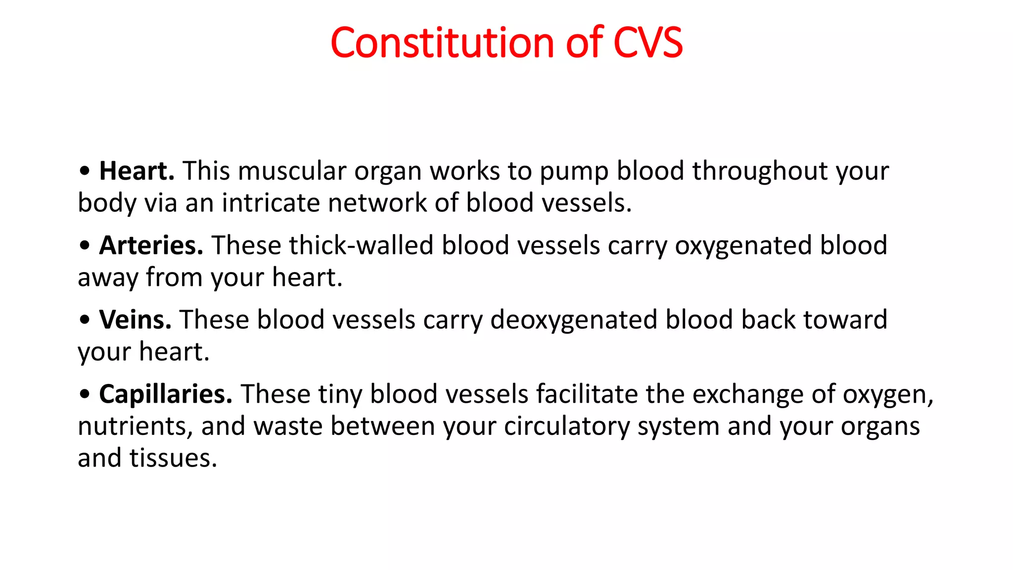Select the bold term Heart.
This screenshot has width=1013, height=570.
click(137, 171)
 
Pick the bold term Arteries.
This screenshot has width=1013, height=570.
click(151, 245)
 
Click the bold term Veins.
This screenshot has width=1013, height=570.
click(135, 320)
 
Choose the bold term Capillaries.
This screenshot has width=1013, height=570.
click(166, 394)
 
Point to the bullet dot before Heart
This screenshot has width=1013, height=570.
click(85, 171)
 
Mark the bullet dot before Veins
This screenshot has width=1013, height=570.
click(85, 320)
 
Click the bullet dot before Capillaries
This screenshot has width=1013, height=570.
click(85, 395)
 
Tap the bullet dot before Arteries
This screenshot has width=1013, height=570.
click(85, 246)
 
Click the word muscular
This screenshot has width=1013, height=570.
click(292, 171)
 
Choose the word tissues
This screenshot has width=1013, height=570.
click(173, 458)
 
